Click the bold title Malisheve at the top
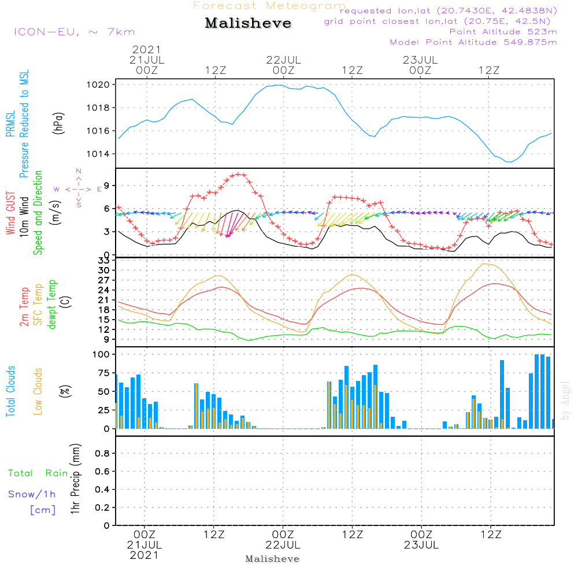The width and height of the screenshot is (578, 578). [x=248, y=23]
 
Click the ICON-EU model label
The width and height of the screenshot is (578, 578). [x=75, y=32]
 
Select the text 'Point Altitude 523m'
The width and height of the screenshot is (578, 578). [x=503, y=32]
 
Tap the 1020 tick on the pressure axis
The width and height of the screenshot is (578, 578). [x=98, y=85]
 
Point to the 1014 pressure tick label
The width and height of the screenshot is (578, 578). [x=98, y=154]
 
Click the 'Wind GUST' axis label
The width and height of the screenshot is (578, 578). [x=10, y=213]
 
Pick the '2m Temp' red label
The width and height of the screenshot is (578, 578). [x=24, y=307]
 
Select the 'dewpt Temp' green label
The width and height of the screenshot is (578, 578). [x=51, y=304]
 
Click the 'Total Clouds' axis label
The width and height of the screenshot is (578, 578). [x=10, y=391]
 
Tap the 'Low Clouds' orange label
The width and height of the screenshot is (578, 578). [x=38, y=391]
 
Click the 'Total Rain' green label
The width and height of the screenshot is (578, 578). [x=38, y=473]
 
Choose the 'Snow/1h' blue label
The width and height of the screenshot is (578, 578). [x=32, y=494]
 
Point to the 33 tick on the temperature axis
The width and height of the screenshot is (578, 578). [x=104, y=261]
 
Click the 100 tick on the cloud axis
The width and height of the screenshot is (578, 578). [x=101, y=354]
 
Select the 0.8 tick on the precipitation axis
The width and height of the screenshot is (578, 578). [x=103, y=453]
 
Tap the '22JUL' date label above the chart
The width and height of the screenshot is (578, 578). [x=283, y=60]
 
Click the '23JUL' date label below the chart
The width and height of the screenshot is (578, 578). [x=421, y=545]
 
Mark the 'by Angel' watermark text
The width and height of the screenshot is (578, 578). [x=565, y=401]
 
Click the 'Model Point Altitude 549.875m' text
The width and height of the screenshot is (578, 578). [x=473, y=42]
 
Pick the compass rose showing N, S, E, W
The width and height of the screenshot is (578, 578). [x=78, y=189]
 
